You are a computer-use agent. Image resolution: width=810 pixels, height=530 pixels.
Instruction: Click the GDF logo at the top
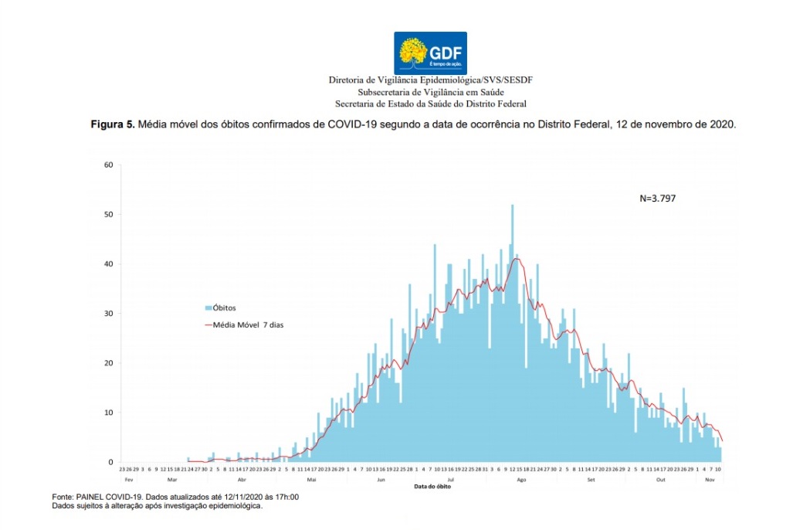pos(430,53)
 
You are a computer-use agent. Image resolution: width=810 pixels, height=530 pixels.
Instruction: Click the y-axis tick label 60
pos(109,165)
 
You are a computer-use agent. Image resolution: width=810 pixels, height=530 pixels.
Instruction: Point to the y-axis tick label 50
pos(109,214)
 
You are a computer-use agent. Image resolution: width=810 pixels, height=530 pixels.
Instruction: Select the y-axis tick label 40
pos(109,263)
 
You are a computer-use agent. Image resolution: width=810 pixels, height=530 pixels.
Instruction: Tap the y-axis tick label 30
pos(109,314)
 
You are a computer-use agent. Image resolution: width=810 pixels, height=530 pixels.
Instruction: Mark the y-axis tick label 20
pos(109,363)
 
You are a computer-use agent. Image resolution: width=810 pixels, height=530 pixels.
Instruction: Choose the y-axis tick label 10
pos(109,413)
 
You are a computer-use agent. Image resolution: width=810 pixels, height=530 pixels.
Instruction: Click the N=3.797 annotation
pos(658,198)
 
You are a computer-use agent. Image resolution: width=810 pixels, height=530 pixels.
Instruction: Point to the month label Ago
pos(521,480)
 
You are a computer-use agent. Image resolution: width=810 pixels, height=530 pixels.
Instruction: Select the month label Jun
pos(381,480)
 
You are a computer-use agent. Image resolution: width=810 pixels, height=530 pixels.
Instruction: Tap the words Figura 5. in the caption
pos(113,124)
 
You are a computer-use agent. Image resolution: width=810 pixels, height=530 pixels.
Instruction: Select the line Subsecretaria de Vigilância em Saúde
pos(430,92)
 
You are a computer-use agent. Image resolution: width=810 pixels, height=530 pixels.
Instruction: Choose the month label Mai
pos(311,480)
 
